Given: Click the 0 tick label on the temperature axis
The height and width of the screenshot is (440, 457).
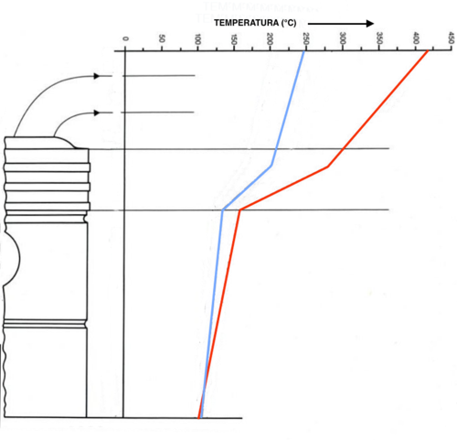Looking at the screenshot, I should (125, 39).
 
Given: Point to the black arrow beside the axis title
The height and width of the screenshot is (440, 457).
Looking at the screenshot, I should (346, 22).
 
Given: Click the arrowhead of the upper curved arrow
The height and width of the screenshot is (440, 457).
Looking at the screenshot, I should (98, 75).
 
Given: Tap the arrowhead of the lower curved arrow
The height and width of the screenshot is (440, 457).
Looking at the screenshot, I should (98, 113).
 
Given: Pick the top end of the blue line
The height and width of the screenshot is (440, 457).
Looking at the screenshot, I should (304, 51).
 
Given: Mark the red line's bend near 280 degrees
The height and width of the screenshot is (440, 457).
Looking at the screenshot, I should (328, 166).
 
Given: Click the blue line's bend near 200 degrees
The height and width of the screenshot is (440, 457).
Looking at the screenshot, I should (271, 166).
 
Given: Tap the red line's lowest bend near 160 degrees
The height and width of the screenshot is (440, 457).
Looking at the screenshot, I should (239, 210).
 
